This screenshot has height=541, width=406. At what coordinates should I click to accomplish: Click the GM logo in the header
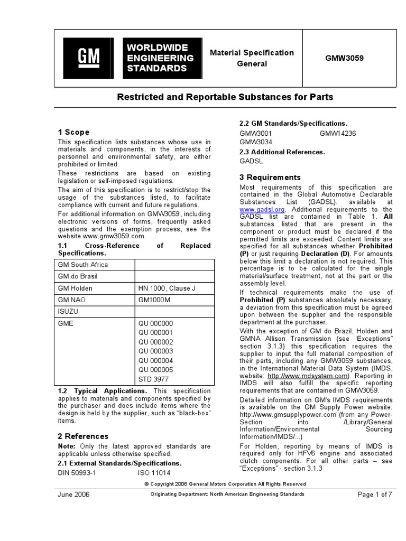88,58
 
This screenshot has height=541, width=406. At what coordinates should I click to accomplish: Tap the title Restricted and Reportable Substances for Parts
225,97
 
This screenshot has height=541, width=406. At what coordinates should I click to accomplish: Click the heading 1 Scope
73,132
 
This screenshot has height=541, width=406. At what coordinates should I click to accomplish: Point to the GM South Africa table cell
82,265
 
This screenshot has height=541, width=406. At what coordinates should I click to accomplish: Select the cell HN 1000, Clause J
167,288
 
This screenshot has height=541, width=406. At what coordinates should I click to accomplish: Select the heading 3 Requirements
270,178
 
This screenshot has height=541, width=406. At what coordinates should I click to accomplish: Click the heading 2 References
82,436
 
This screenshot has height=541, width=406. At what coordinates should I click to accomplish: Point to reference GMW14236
338,134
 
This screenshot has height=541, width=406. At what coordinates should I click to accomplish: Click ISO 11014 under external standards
155,473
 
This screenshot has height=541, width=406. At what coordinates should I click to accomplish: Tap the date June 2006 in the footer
73,495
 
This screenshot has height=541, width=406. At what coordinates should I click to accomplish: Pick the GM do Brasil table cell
78,276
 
